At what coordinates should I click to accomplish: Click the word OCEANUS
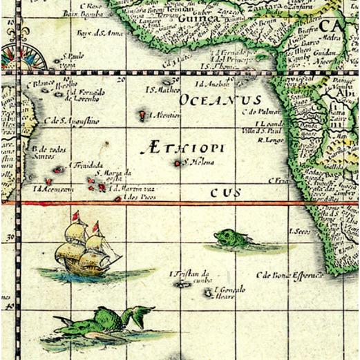220,101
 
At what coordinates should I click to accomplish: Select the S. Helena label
199,163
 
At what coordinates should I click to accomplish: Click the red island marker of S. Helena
178,163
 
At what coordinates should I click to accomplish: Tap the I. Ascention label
165,115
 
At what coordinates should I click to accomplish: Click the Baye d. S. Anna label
94,33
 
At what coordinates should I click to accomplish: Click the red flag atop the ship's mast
76,215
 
